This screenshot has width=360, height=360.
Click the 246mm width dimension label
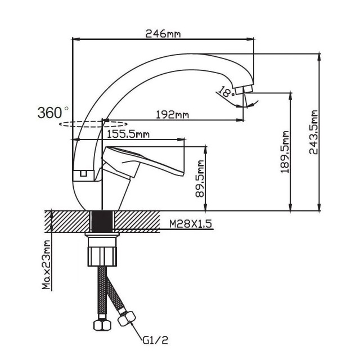click(x=163, y=34)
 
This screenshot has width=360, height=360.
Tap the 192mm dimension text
click(x=173, y=114)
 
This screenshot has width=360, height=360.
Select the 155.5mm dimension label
click(x=128, y=134)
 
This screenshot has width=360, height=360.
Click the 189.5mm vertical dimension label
click(x=285, y=152)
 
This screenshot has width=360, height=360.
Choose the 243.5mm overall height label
click(x=313, y=132)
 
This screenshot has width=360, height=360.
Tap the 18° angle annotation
click(x=226, y=91)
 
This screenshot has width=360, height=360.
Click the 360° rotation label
click(x=53, y=112)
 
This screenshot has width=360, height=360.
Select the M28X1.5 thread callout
click(x=191, y=224)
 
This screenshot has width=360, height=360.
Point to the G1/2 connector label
click(x=155, y=340)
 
